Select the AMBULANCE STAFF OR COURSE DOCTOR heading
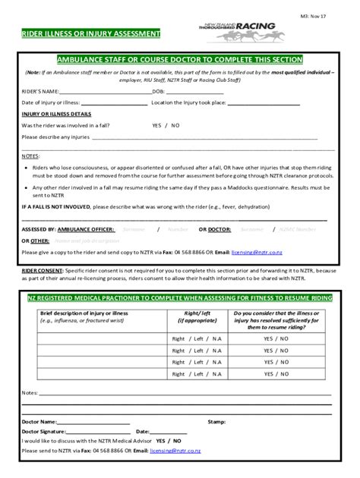(x=179, y=59)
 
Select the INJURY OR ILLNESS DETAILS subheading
(x=56, y=114)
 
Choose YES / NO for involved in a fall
(x=166, y=125)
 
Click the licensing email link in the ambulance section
(x=254, y=251)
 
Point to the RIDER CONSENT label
(x=43, y=268)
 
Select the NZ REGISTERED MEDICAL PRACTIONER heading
(x=179, y=299)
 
